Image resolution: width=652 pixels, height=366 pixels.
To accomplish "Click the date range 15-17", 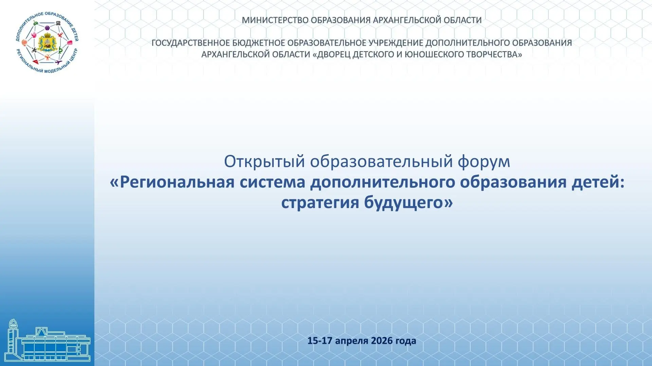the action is (320, 341).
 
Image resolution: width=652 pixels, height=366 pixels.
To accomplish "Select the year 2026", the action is (382, 341).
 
